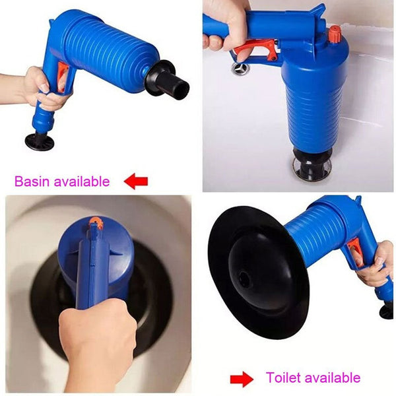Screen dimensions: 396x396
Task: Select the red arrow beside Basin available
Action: [x=136, y=181]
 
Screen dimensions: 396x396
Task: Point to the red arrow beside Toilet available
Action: [x=241, y=379]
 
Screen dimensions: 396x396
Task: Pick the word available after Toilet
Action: [x=331, y=378]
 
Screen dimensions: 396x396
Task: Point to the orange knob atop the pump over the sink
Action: [x=335, y=33]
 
